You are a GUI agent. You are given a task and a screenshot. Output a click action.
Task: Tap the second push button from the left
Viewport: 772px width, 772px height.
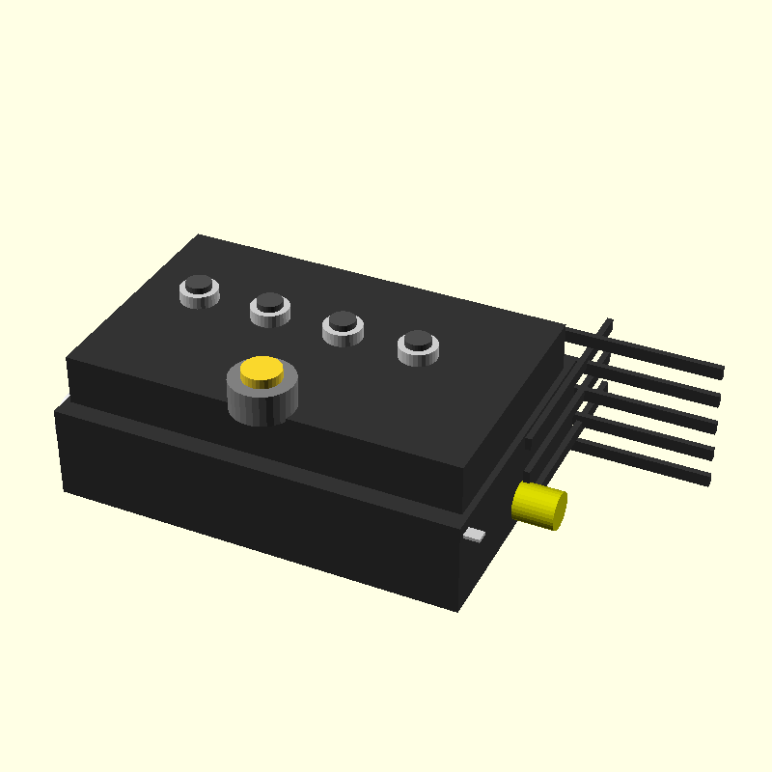(x=270, y=302)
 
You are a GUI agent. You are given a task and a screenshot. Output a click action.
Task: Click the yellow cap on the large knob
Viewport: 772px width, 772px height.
(x=262, y=371)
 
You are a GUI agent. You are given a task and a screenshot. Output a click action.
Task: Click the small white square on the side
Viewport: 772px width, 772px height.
(x=474, y=535)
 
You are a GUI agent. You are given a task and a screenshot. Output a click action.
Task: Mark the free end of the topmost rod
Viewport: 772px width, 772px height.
(x=719, y=371)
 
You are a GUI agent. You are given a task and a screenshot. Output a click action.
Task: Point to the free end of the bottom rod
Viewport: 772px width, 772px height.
(x=706, y=480)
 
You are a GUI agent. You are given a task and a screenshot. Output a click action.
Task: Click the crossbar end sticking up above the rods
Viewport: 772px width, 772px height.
(x=608, y=323)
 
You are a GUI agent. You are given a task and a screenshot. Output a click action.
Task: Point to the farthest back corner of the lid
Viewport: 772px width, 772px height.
(x=199, y=235)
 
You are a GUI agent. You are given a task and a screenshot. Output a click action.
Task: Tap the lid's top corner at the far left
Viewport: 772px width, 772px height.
(x=68, y=360)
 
